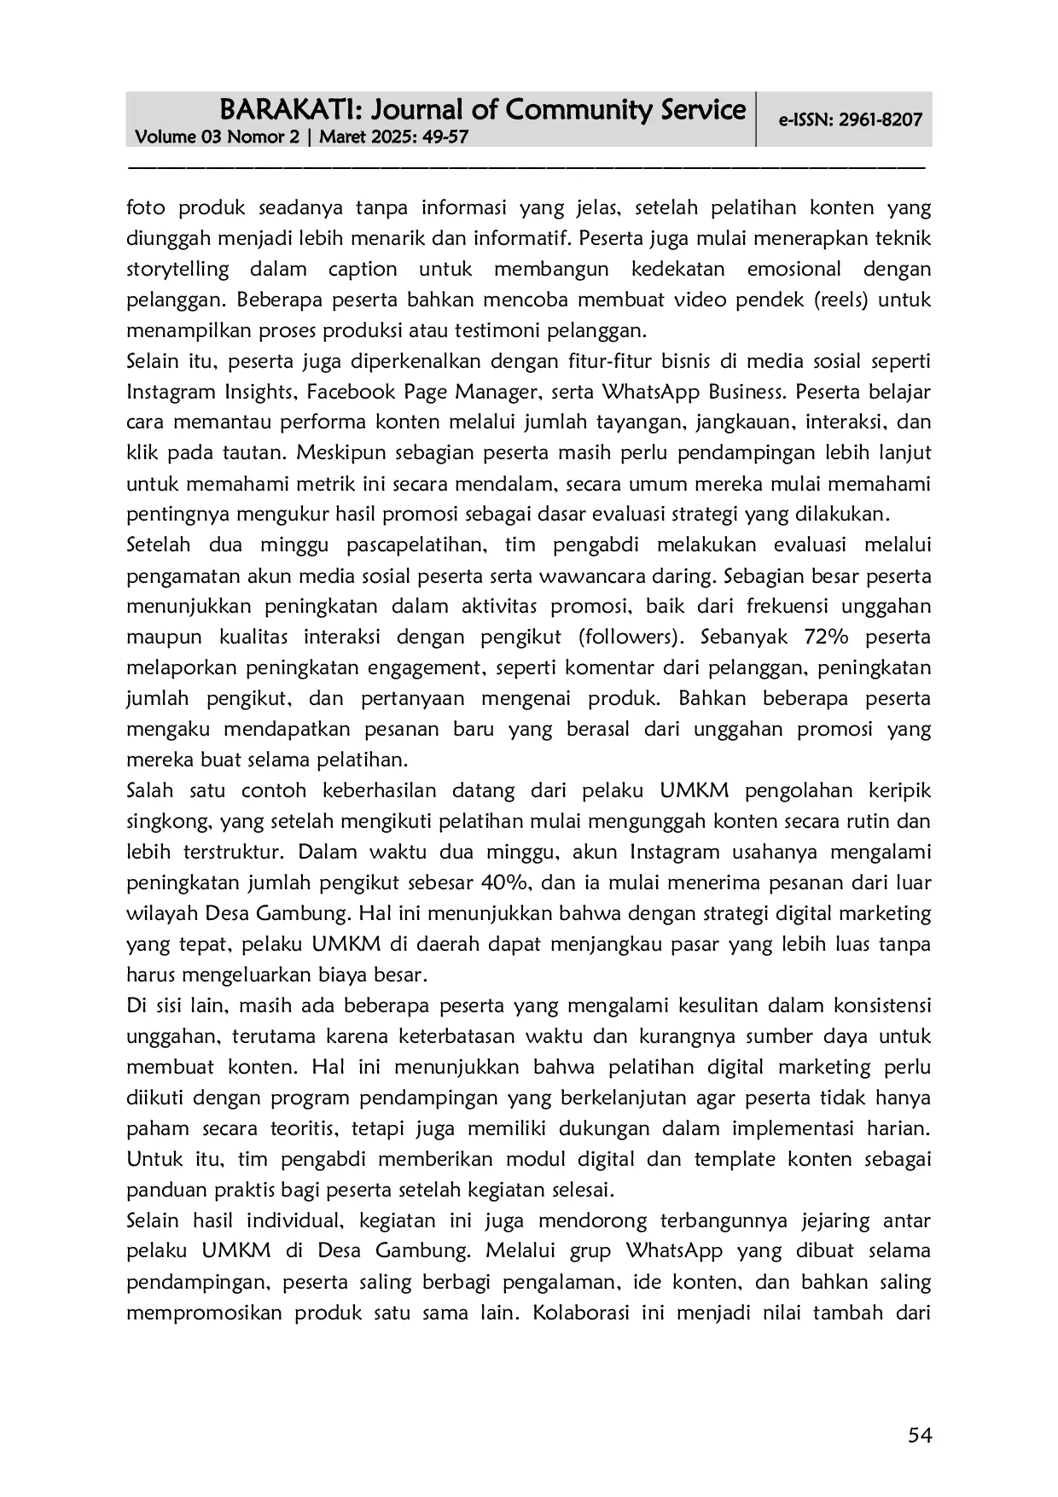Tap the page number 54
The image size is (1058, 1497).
pos(920,1436)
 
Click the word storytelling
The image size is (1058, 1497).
pos(177,270)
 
